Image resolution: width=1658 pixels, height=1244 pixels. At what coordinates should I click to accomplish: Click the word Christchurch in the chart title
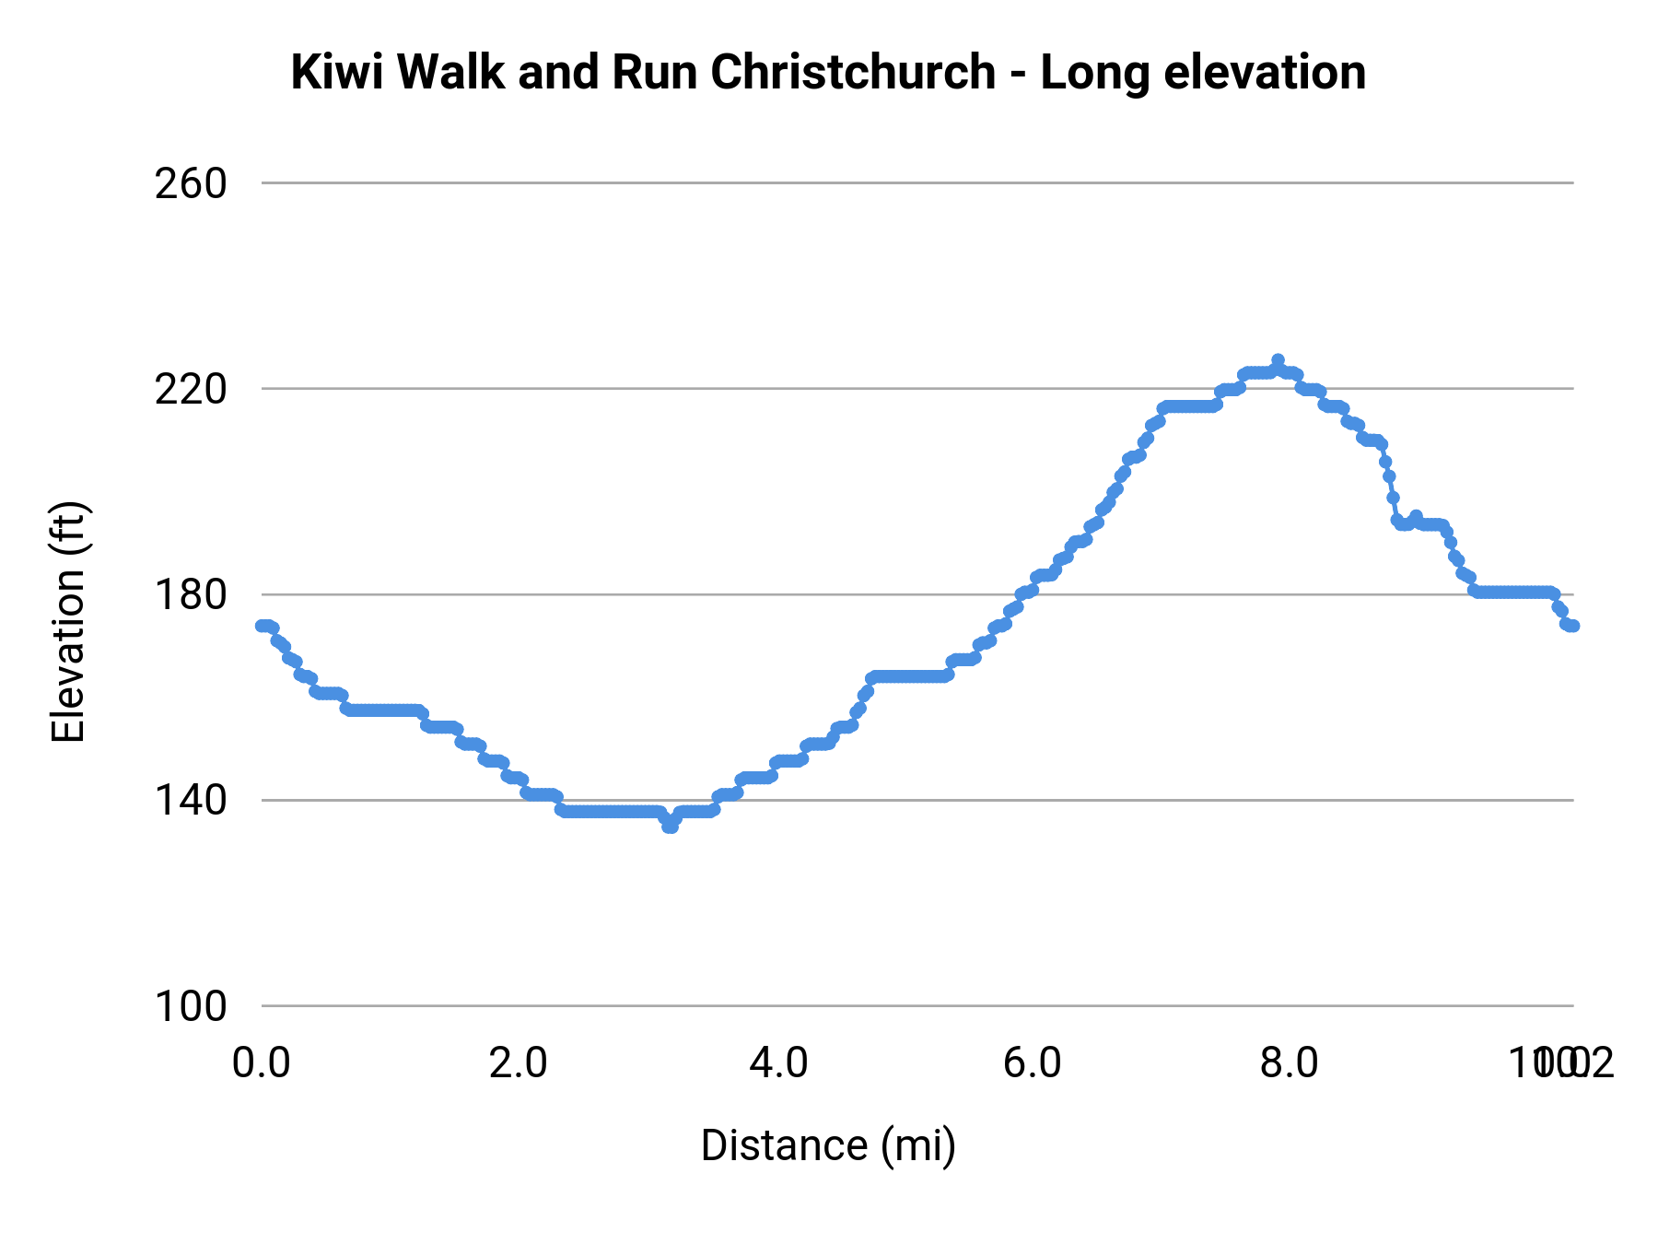(x=852, y=72)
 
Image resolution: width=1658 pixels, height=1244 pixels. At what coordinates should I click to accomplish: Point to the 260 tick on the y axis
(x=190, y=183)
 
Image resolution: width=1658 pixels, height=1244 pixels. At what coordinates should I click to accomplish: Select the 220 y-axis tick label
(x=190, y=389)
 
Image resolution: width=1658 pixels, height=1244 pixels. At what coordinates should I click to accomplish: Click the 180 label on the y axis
(x=190, y=594)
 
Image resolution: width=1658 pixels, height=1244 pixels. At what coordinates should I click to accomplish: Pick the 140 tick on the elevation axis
(x=190, y=800)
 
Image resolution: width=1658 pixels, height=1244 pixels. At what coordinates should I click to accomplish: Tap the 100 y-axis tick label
(x=190, y=1005)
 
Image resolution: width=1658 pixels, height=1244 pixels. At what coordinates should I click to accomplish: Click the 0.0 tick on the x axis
(x=262, y=1063)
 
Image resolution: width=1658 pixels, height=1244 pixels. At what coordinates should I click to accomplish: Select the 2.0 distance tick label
(x=519, y=1063)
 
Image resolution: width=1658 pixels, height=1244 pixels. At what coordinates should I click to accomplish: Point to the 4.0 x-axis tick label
(x=778, y=1063)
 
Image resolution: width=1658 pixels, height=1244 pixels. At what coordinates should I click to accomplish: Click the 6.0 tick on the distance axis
(x=1033, y=1063)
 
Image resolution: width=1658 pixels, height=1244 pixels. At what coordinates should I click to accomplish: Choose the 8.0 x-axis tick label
(x=1290, y=1063)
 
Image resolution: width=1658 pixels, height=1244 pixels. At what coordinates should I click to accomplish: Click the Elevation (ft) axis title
(x=68, y=622)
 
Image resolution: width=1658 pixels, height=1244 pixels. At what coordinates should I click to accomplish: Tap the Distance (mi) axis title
(x=828, y=1145)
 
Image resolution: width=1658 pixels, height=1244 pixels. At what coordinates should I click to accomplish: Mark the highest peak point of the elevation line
(x=1278, y=360)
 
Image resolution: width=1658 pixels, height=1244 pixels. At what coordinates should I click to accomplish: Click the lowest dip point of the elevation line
(x=670, y=827)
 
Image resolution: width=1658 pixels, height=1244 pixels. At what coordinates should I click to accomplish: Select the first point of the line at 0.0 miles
(x=263, y=626)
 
